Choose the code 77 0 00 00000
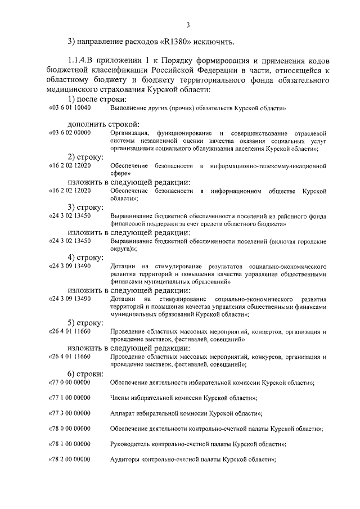[71, 382]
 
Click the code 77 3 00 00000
[71, 413]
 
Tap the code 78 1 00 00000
[71, 444]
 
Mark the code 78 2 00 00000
[71, 460]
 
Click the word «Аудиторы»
[126, 460]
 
